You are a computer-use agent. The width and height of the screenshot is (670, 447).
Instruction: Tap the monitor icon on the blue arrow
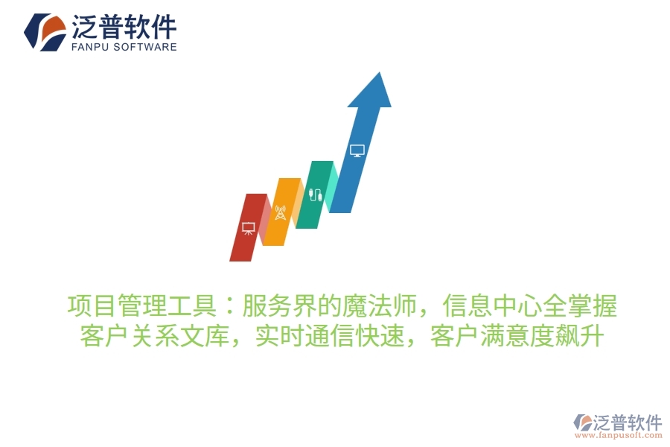click(357, 150)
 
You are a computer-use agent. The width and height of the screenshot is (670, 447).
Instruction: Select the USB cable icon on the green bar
click(316, 196)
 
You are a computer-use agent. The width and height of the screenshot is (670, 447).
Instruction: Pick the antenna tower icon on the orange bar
click(281, 212)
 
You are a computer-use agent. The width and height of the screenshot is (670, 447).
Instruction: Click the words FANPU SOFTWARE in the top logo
click(124, 47)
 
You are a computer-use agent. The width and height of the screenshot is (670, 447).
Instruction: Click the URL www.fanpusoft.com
click(618, 436)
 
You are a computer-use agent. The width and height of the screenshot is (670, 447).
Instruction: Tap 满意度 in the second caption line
click(514, 337)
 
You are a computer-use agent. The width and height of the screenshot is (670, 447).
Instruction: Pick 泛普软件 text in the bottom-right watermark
click(628, 422)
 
